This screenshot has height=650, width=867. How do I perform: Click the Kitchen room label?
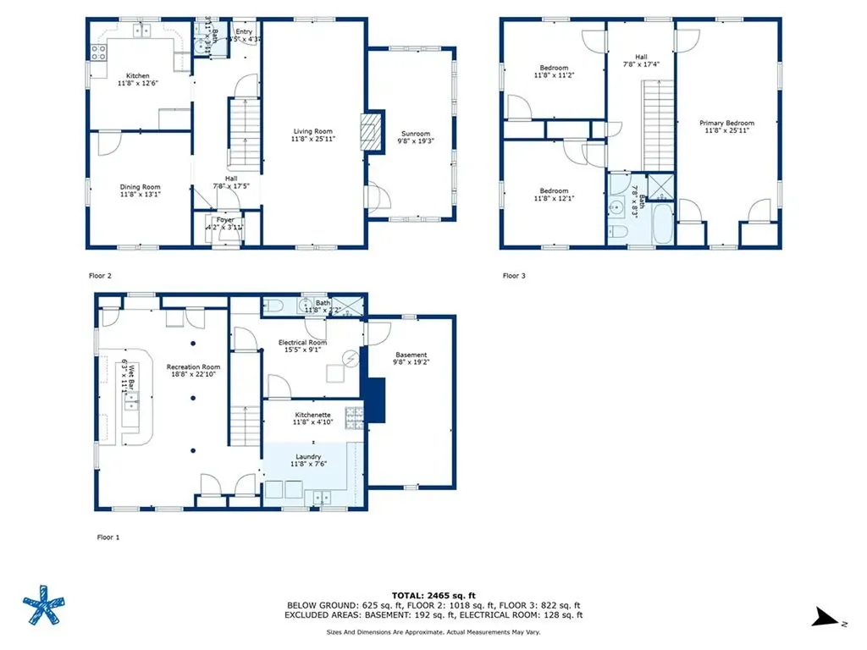[138, 76]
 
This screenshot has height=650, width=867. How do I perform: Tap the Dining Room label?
[140, 187]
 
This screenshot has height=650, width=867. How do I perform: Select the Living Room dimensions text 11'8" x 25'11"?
[312, 140]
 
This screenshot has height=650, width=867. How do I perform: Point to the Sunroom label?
[416, 134]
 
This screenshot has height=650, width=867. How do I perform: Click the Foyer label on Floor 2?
[224, 219]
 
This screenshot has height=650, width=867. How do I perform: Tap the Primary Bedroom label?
[726, 124]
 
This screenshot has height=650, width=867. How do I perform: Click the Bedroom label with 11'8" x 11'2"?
[554, 68]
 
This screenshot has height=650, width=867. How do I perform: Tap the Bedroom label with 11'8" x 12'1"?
[554, 191]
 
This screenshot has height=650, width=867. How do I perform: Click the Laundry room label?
[308, 457]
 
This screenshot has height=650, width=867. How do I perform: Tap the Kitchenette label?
[311, 415]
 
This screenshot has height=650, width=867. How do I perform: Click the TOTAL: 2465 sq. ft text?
[433, 596]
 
